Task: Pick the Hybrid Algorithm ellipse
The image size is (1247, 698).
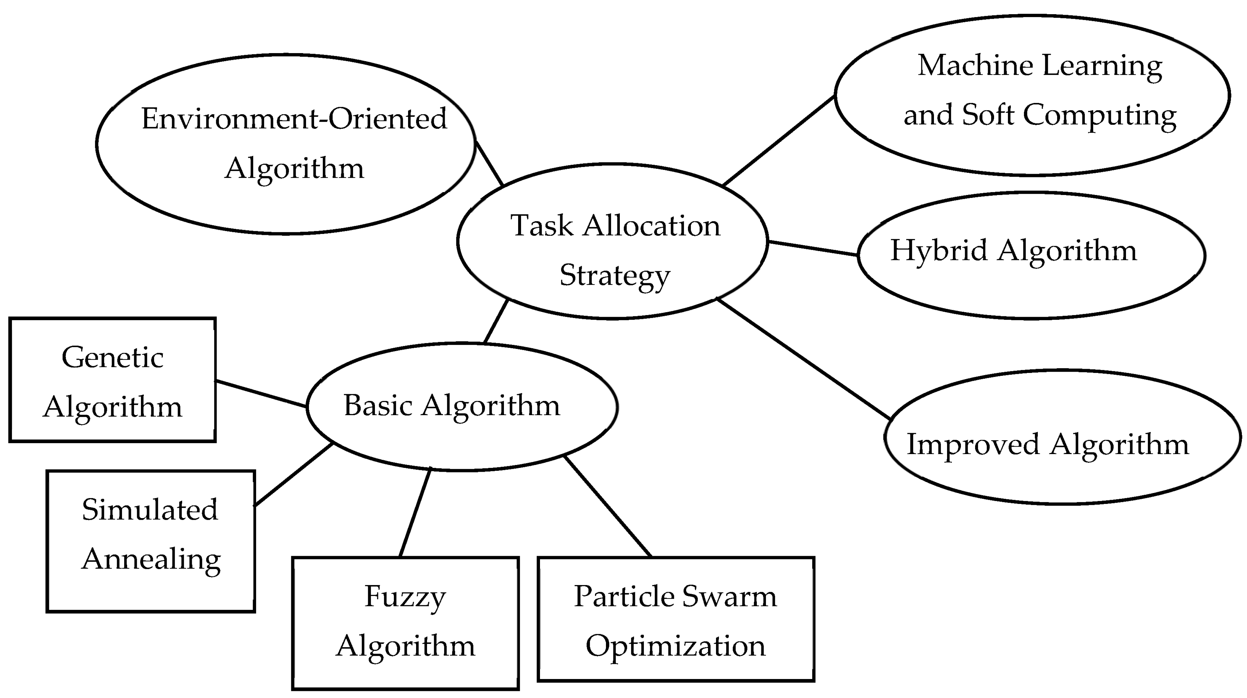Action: pos(1031,255)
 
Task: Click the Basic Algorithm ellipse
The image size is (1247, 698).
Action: pos(462,406)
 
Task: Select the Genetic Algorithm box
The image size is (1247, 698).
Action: pos(112,380)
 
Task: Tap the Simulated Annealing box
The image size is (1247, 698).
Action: pos(151,541)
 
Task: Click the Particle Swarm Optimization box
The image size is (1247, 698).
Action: pos(676,619)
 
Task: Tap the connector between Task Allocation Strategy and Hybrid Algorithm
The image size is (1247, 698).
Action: pos(812,248)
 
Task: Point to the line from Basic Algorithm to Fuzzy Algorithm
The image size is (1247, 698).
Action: pos(415,512)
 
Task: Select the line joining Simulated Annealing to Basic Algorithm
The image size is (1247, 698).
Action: pos(293,474)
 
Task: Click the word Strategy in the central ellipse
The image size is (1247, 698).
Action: pos(615,275)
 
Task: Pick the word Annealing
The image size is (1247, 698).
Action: pos(151,560)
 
